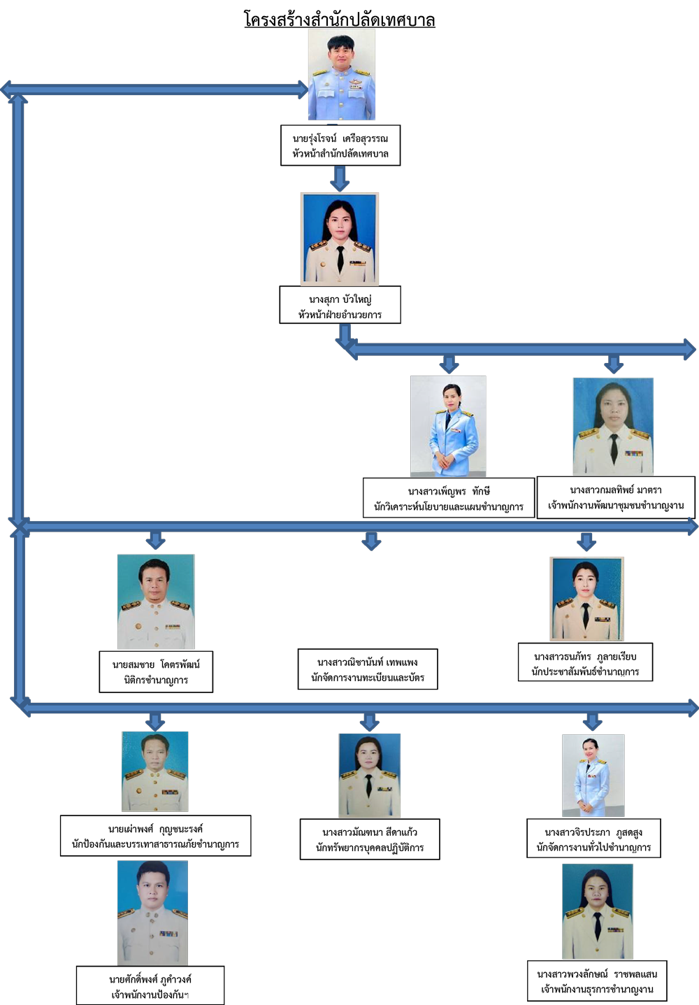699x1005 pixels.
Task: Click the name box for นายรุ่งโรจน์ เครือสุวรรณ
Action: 340,145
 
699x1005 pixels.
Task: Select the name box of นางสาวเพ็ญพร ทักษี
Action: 448,498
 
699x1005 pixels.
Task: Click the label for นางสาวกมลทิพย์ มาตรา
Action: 615,497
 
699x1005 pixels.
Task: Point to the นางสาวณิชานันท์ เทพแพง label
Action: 368,669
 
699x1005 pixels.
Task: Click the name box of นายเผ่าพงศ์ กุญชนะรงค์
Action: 155,836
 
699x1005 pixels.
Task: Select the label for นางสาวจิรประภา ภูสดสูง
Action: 593,839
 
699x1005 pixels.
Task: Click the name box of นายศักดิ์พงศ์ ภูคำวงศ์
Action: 150,986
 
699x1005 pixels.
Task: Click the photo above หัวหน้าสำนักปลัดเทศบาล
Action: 342,75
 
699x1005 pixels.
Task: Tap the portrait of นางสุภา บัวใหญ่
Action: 340,239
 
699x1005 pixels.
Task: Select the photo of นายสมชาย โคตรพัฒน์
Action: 156,601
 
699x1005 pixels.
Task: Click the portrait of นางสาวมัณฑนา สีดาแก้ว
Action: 369,776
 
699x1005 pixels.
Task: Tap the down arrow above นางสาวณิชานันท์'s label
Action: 371,541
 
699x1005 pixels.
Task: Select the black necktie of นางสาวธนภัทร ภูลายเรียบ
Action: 586,615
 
